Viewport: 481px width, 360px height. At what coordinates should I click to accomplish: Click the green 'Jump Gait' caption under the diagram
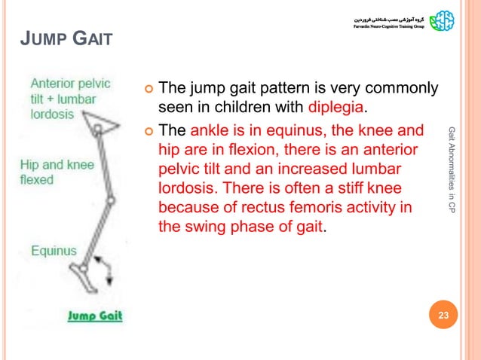[x=95, y=316]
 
